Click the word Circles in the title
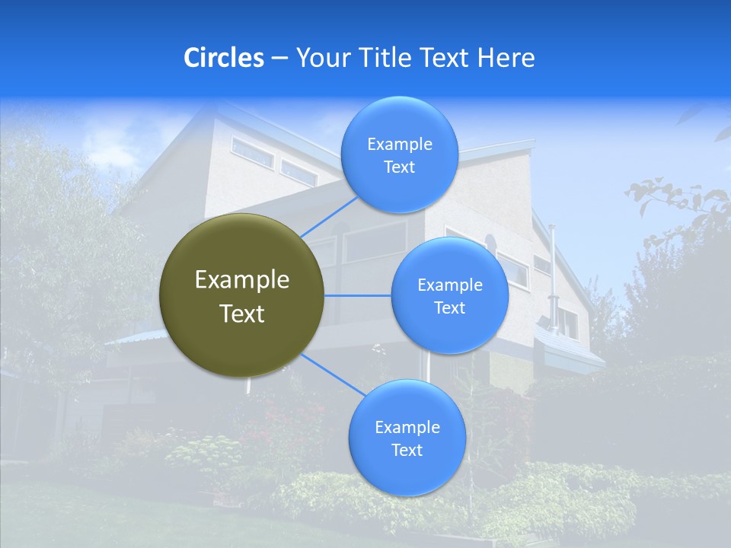click(223, 58)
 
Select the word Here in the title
click(506, 58)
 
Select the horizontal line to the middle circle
click(358, 295)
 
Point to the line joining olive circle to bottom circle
click(331, 374)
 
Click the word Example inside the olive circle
click(242, 280)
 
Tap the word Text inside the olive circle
click(242, 314)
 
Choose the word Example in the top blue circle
click(399, 145)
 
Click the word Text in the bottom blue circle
click(407, 451)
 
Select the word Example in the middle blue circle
click(449, 285)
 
